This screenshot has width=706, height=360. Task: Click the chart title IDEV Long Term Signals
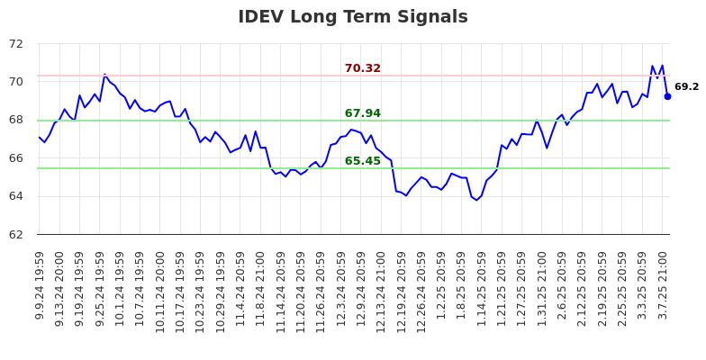coord(352,17)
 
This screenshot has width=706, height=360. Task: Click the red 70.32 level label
coord(362,68)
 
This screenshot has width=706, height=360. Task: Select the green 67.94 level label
coord(362,113)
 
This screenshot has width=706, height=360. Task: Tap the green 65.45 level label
coord(362,161)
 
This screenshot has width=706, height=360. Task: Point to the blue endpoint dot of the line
coord(667,96)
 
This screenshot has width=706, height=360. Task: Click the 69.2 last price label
coord(686,87)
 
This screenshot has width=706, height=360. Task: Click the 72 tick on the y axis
coord(18,44)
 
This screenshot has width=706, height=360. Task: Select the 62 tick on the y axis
coord(18,235)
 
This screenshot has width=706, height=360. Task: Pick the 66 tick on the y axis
coord(18,158)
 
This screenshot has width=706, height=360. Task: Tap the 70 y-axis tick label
coord(18,82)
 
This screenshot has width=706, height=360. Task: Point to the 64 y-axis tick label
coord(18,196)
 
